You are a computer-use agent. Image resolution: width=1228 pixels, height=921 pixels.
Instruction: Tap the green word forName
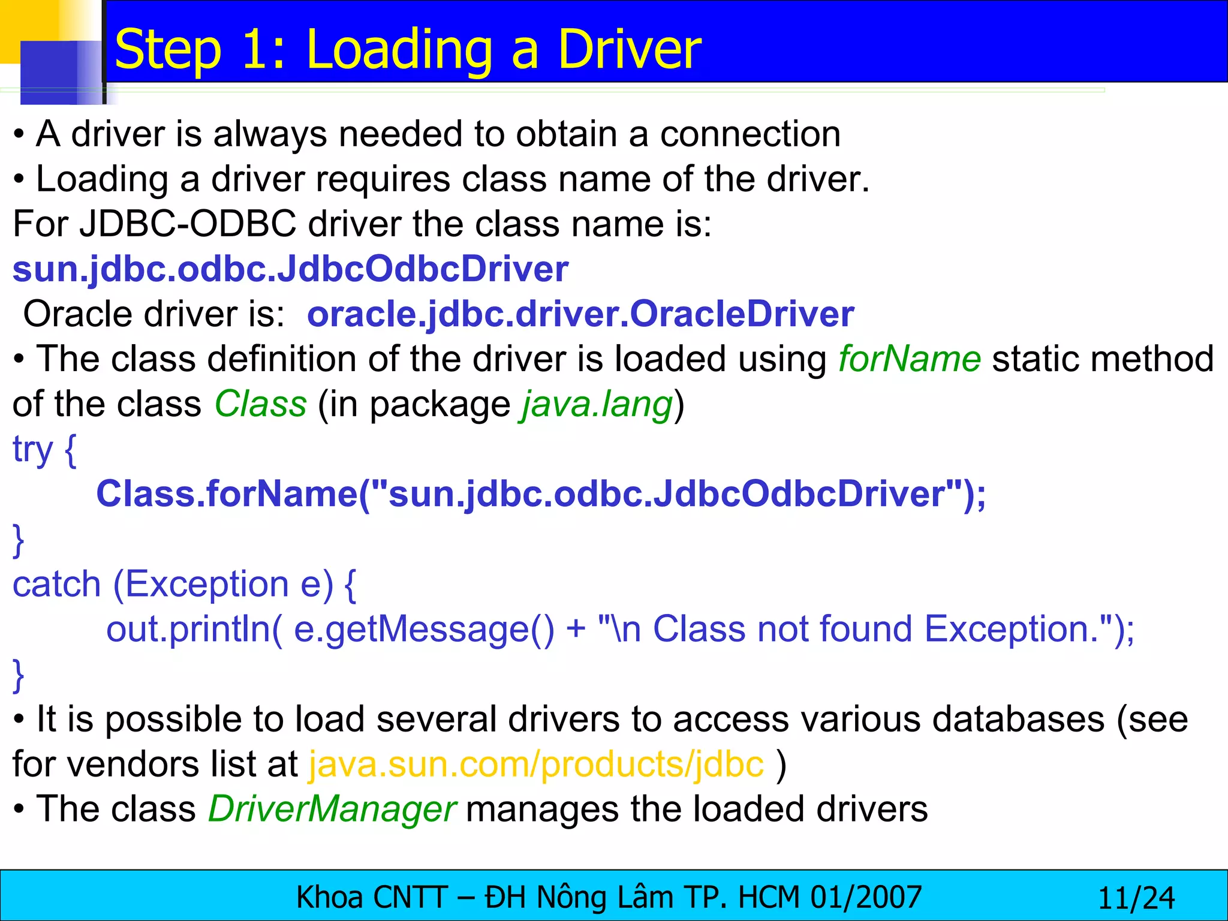[x=909, y=359]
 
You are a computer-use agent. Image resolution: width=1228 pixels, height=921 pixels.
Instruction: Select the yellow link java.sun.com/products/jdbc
[x=537, y=765]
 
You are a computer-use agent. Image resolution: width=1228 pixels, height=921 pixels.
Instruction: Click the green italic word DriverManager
[x=332, y=809]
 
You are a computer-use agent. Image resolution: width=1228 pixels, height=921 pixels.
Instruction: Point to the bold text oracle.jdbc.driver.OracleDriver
[x=580, y=314]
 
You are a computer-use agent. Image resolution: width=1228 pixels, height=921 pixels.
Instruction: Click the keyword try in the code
[x=32, y=450]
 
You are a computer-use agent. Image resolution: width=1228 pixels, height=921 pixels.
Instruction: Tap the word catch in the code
[x=57, y=585]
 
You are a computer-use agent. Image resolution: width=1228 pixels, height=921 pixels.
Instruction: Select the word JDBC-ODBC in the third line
[x=188, y=224]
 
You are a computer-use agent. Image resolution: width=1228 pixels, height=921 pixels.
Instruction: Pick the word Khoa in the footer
[x=330, y=898]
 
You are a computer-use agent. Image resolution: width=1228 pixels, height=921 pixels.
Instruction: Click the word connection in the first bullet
[x=750, y=134]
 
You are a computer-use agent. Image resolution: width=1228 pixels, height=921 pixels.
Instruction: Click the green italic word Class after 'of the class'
[x=261, y=404]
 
